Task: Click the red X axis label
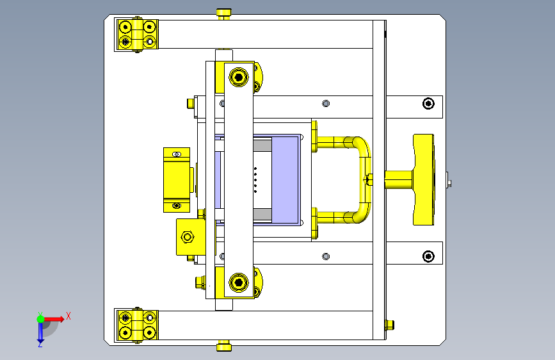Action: [x=68, y=315]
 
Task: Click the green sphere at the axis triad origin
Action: [x=40, y=318]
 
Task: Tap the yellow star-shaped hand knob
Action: [x=424, y=179]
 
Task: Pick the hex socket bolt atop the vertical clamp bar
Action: [x=239, y=78]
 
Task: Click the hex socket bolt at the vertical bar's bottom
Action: [x=239, y=282]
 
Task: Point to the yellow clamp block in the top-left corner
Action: [x=136, y=35]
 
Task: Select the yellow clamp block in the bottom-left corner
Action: [x=136, y=325]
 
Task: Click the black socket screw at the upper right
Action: [x=428, y=104]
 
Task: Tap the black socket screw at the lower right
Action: [x=428, y=256]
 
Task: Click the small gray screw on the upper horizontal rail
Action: [x=326, y=103]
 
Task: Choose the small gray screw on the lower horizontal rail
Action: [x=326, y=256]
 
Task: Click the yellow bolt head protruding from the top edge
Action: [x=223, y=13]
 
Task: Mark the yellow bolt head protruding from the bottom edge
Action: [x=223, y=347]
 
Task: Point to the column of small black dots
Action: [x=255, y=180]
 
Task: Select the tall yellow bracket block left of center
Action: [x=177, y=179]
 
